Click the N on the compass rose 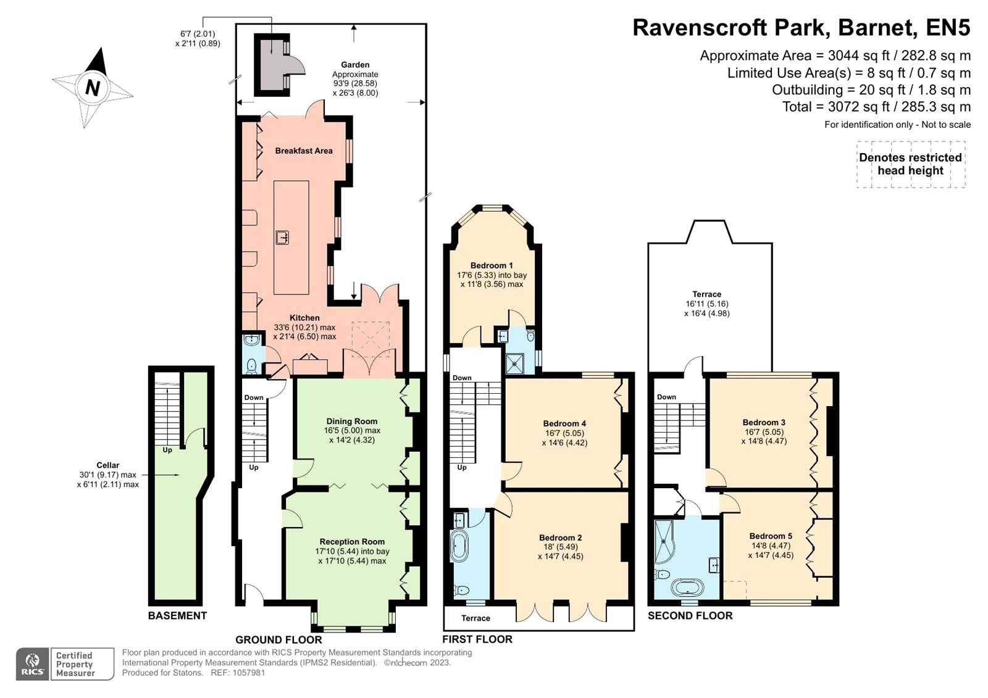coord(93,88)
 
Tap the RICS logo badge coord(33,664)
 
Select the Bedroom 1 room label coord(492,265)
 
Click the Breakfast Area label coord(304,151)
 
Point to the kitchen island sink coord(283,237)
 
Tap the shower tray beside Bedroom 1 coord(514,364)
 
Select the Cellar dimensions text coord(108,480)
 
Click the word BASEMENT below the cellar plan coord(177,615)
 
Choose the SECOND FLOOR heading coord(690,615)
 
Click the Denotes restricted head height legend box coord(910,164)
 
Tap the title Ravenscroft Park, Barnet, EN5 coord(801,28)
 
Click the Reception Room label coord(352,541)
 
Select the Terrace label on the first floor coord(475,618)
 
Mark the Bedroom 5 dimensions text coord(771,551)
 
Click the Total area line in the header coord(876,107)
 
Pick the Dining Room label coord(352,421)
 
